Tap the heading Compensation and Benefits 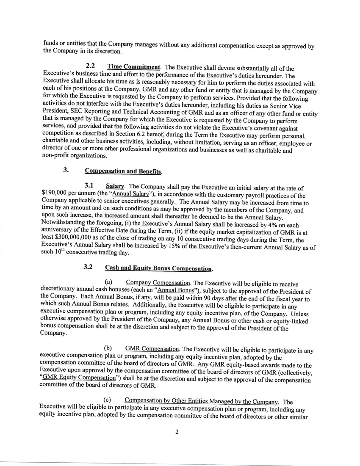tap(123, 171)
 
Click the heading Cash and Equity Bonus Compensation tap(158, 268)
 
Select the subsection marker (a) tap(108, 282)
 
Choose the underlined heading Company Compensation tap(158, 282)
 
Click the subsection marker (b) tap(108, 349)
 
